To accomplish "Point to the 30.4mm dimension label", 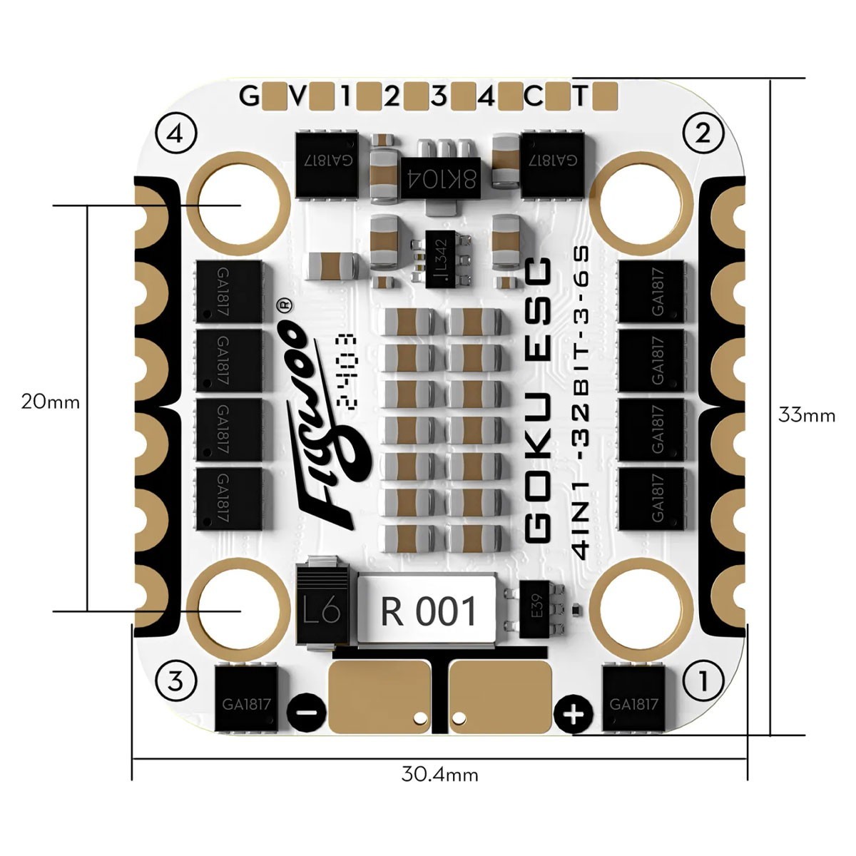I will coord(439,774).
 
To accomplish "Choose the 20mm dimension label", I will coord(50,401).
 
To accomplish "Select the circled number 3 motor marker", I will coord(175,682).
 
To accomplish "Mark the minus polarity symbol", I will coord(307,713).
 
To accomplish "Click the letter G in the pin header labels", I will coord(249,96).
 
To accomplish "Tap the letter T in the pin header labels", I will coord(581,96).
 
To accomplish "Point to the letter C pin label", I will coord(534,96).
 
